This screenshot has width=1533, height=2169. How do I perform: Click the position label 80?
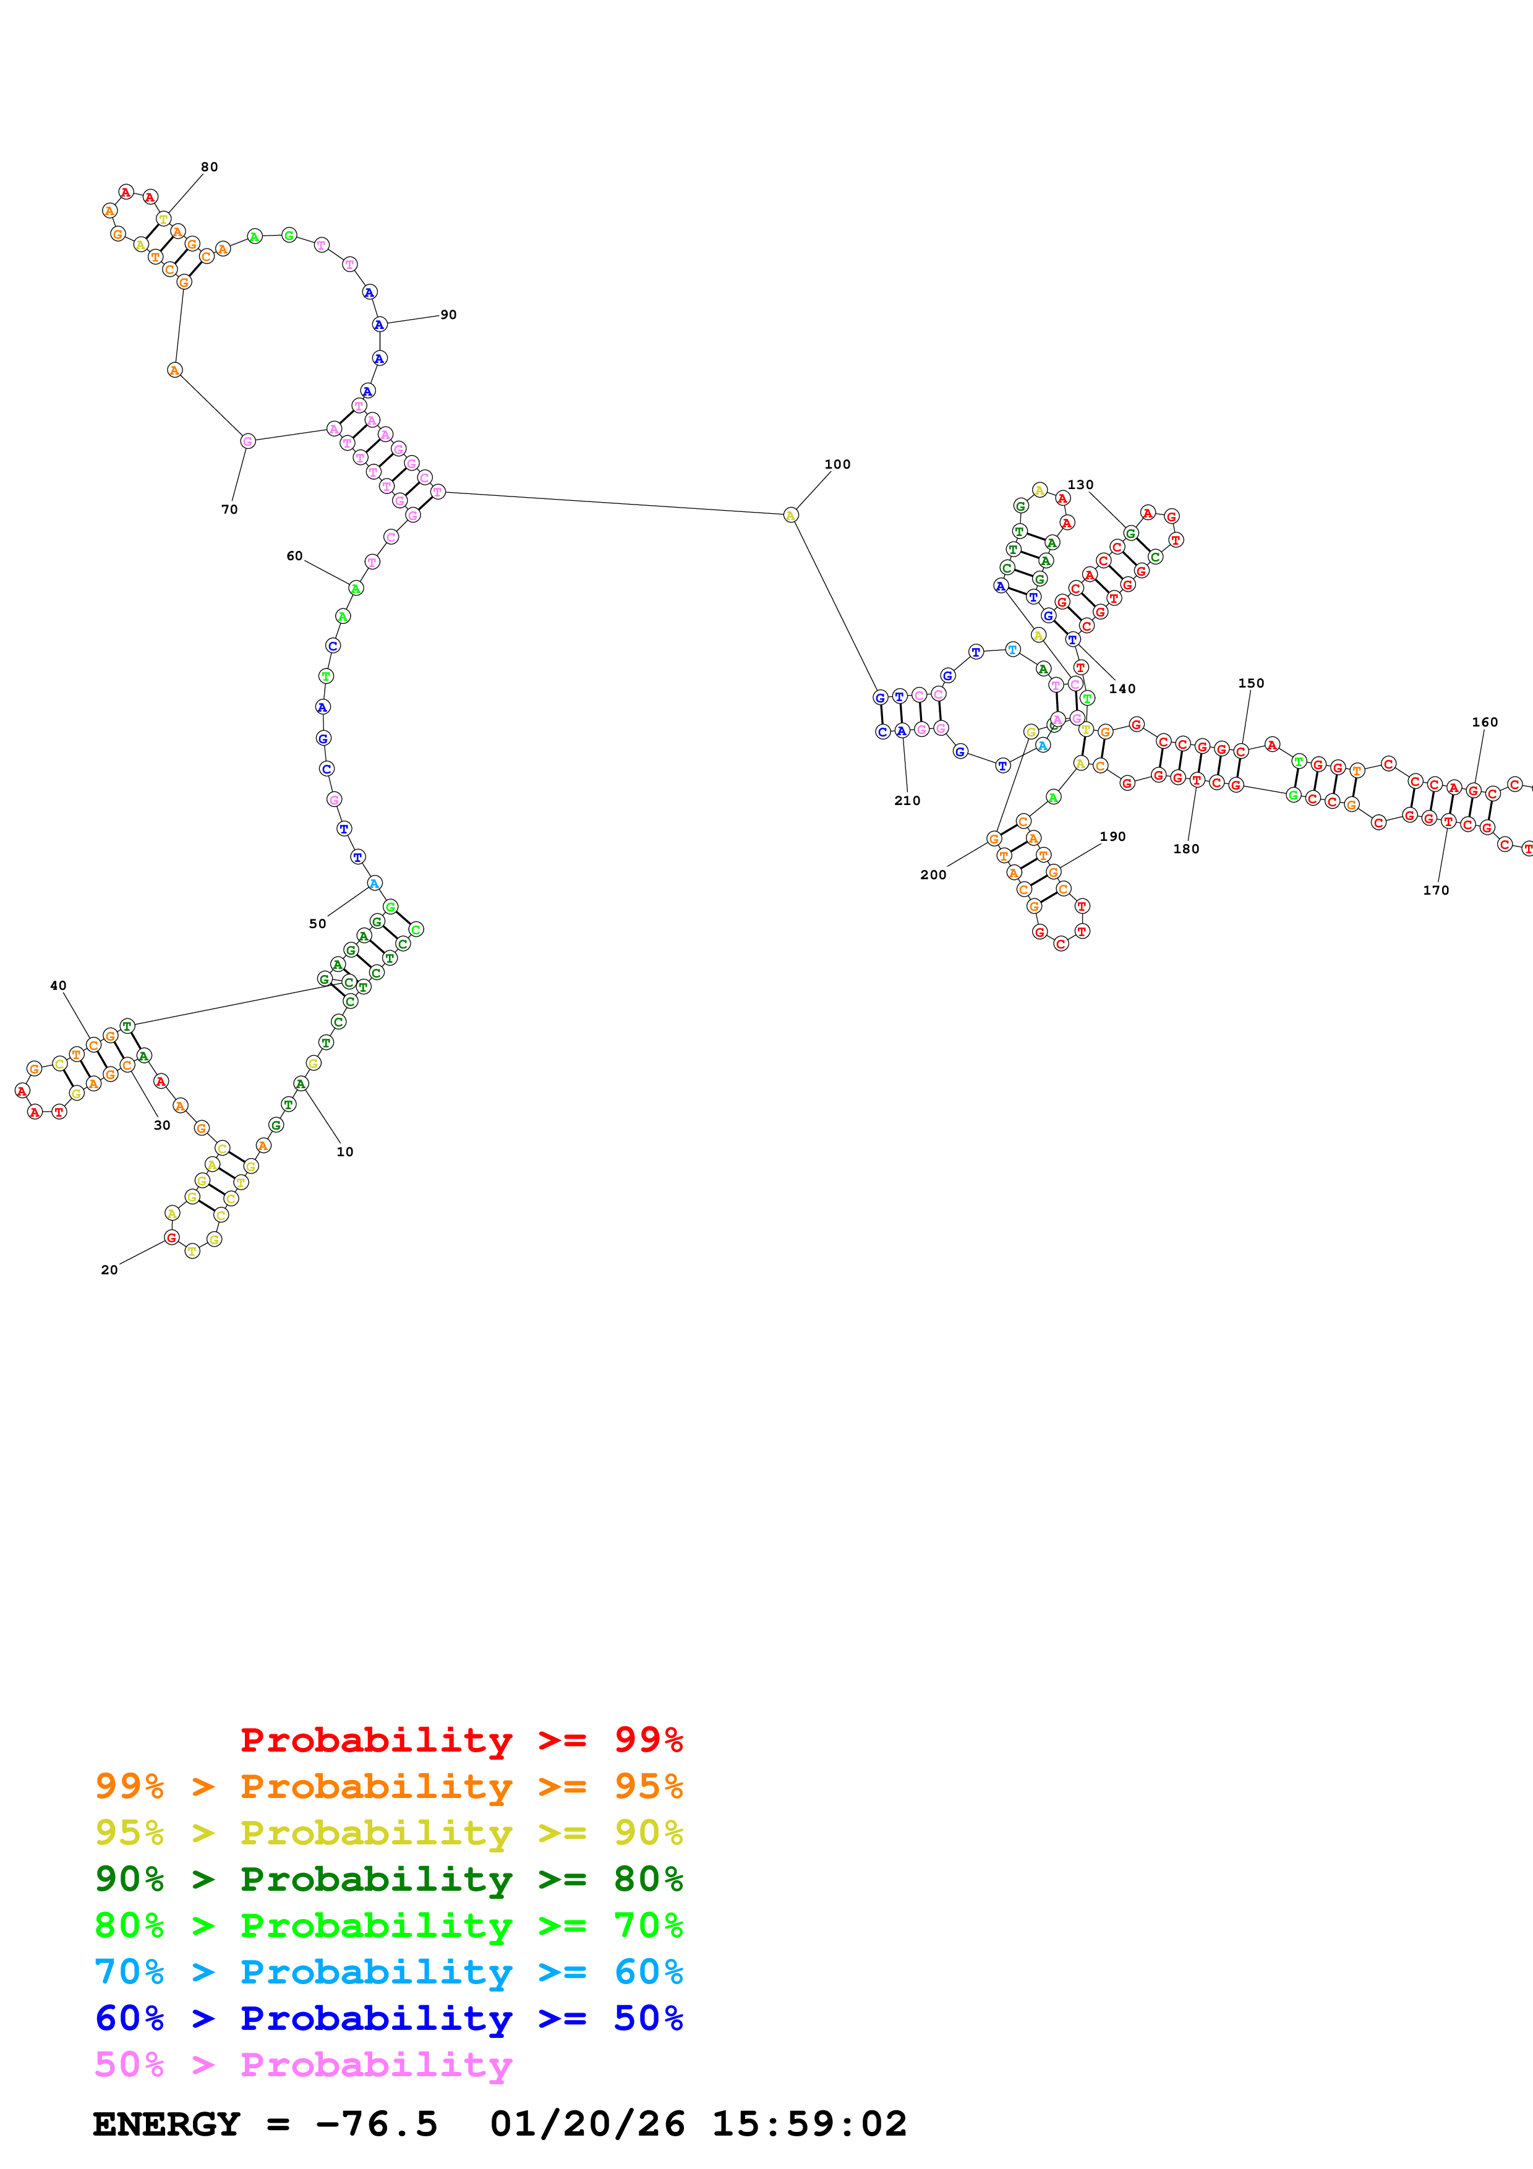209,167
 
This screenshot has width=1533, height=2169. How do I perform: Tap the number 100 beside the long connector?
837,465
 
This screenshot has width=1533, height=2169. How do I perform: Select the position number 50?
317,924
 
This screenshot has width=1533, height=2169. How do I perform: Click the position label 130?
1080,485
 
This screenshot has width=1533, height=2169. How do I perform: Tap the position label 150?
1250,684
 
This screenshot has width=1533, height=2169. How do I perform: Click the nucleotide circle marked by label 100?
790,515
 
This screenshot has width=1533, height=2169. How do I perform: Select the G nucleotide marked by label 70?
247,441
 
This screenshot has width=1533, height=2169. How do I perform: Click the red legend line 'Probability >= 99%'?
461,1740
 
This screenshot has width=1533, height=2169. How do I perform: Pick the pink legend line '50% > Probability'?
303,2065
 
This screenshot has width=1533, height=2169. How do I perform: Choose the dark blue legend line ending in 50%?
388,2019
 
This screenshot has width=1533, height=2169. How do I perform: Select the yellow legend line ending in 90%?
388,1833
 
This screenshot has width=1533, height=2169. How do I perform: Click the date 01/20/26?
587,2124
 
